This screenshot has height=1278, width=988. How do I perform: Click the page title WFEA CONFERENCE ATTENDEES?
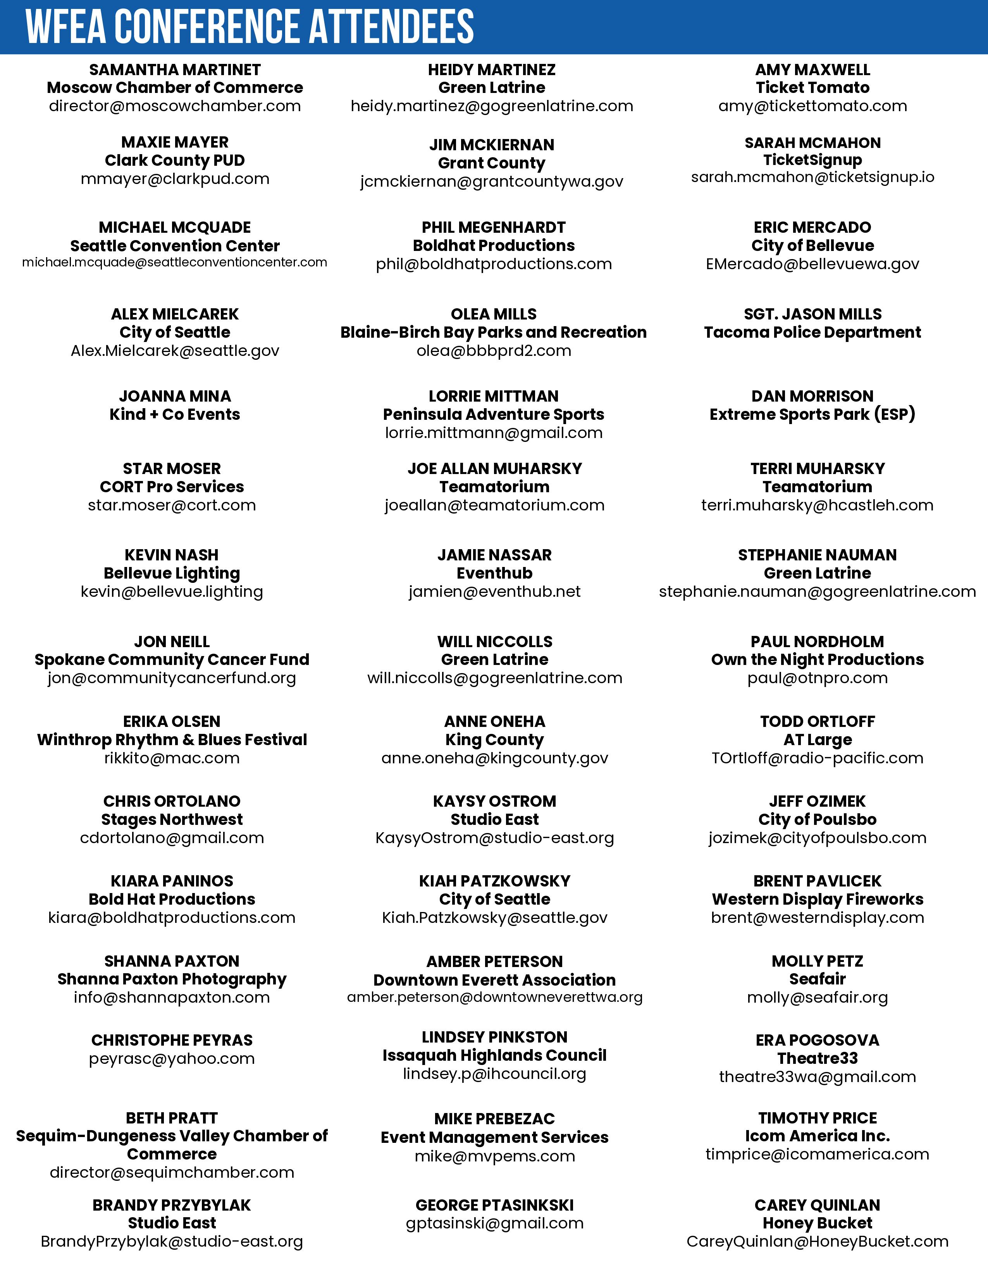[x=250, y=27]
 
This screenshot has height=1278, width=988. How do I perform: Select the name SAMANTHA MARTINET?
[x=174, y=70]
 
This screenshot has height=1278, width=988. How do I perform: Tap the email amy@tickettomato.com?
[x=812, y=106]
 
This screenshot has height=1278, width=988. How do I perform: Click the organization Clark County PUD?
[x=174, y=160]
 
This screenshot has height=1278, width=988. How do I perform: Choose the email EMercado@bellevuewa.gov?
[x=812, y=264]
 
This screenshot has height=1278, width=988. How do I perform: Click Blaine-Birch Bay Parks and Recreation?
[x=493, y=332]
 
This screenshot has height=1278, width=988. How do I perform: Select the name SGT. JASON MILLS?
[x=812, y=314]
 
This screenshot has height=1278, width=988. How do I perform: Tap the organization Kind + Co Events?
[x=174, y=414]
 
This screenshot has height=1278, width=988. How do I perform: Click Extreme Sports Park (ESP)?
[x=812, y=414]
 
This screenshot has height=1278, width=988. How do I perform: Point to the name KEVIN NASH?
[x=172, y=555]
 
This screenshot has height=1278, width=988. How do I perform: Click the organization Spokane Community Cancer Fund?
[x=172, y=660]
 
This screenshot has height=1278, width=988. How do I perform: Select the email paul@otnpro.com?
[x=817, y=678]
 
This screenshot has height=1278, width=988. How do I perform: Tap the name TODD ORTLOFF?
[x=817, y=721]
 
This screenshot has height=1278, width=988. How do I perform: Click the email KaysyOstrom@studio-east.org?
[x=495, y=838]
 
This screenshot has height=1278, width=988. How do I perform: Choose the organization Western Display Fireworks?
[x=817, y=899]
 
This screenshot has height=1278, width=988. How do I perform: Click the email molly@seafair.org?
[x=817, y=997]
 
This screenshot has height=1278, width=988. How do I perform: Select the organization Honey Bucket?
[x=817, y=1223]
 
